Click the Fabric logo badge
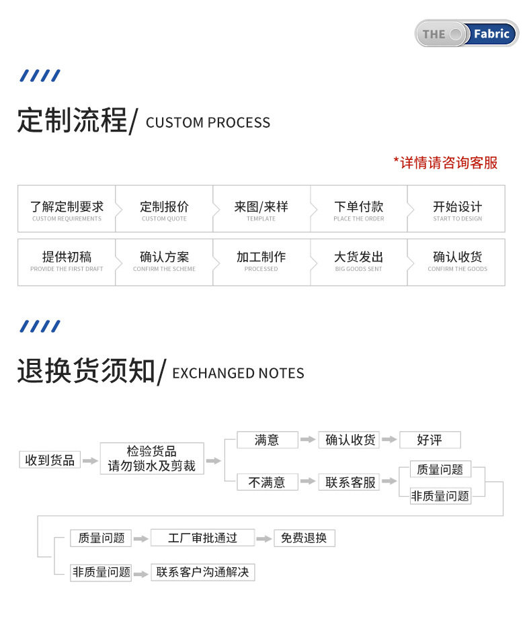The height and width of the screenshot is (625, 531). coord(466,34)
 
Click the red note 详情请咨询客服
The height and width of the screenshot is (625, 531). coord(446,163)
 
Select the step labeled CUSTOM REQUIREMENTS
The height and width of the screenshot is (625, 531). coord(67,210)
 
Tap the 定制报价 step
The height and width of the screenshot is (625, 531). coord(164,210)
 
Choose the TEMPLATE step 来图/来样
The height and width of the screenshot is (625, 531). coord(261,210)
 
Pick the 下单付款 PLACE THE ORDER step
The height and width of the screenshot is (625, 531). coord(359,210)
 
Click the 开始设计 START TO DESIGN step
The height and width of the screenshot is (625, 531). coord(457,210)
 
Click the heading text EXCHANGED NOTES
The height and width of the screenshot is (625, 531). coord(238,374)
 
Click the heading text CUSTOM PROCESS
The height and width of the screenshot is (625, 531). coord(208,123)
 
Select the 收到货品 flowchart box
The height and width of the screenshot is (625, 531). coord(50,460)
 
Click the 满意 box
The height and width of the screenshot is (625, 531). coord(267,440)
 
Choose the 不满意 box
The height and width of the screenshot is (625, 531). coord(267,482)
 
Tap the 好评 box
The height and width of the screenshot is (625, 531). coord(430,440)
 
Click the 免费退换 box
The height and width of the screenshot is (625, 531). coord(304,538)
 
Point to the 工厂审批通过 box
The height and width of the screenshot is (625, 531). coord(202,538)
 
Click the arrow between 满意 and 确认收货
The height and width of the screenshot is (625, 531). coord(308,440)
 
